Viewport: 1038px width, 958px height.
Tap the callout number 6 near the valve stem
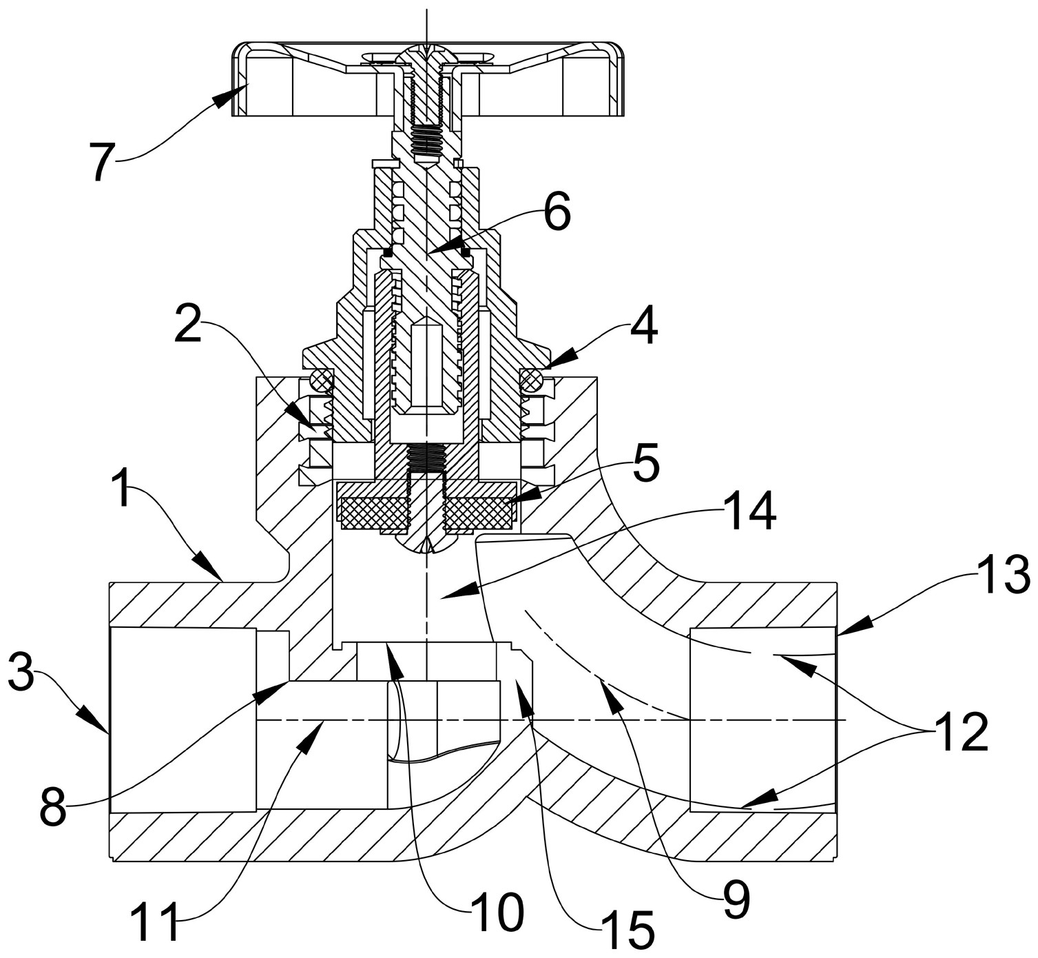(557, 212)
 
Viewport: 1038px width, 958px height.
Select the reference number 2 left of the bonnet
(188, 325)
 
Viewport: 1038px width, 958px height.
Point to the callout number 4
(643, 327)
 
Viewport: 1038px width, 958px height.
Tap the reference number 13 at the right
(1004, 575)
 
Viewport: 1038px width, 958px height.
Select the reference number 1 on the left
(123, 488)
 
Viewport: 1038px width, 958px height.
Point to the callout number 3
(21, 670)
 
